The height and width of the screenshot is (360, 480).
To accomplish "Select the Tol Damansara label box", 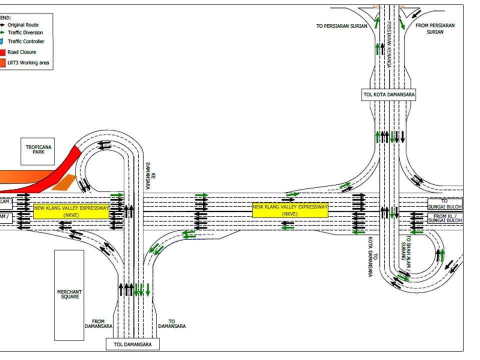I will (132, 344).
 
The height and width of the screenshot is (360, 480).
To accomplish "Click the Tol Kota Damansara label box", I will (388, 94).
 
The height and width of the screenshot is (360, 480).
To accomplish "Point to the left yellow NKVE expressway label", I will (71, 211).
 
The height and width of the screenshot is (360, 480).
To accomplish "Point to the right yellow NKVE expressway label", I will (290, 210).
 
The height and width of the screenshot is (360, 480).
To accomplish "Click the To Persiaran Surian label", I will (341, 26).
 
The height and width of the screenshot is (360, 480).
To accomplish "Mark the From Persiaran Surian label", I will (435, 28).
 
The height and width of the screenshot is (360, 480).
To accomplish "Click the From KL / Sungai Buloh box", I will (445, 218).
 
